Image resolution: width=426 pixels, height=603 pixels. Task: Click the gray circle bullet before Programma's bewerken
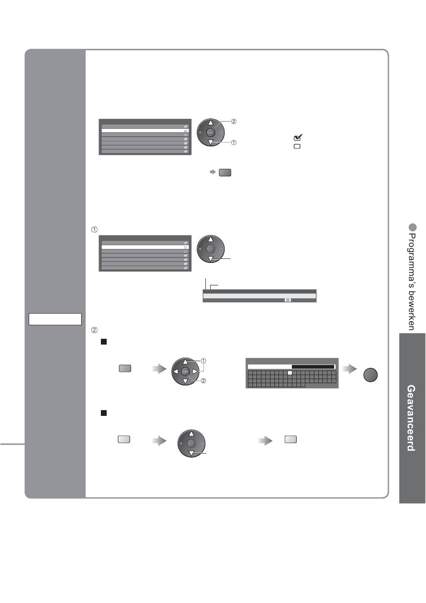(x=412, y=227)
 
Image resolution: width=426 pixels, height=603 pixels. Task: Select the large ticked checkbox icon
(x=298, y=137)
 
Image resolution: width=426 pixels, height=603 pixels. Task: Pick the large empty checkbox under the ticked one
(x=297, y=146)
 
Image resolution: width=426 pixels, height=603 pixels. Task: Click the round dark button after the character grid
(x=370, y=375)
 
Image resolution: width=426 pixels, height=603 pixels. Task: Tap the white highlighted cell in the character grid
(x=290, y=373)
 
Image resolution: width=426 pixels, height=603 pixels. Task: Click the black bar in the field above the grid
(x=313, y=367)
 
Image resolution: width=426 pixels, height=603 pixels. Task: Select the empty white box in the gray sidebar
(x=55, y=319)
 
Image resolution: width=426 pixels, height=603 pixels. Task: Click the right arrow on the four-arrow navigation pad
(x=195, y=372)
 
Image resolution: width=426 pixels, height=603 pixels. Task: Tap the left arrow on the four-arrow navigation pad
(x=175, y=372)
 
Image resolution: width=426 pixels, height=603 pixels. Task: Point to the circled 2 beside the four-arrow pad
(x=204, y=380)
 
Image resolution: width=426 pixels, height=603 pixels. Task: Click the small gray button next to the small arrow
(x=225, y=172)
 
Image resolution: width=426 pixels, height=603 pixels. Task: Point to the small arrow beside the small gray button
(x=213, y=172)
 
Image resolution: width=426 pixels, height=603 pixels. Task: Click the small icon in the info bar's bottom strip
(x=288, y=300)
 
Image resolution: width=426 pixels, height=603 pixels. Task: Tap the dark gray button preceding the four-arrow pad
(x=125, y=368)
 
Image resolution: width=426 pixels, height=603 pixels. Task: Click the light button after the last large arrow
(x=291, y=439)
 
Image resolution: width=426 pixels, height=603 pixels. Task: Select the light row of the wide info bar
(x=260, y=296)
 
